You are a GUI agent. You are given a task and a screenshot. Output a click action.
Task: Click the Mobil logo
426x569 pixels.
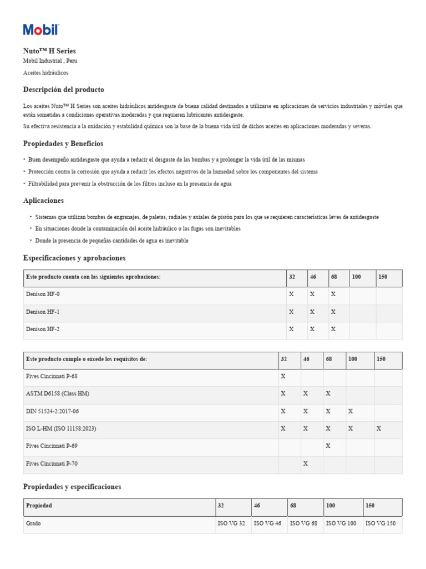(x=40, y=30)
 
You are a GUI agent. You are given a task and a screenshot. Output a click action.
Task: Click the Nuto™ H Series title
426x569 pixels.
(x=49, y=51)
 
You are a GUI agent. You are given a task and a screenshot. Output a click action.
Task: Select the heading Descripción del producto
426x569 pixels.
(x=63, y=89)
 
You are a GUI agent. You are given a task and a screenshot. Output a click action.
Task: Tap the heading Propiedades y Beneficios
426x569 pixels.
(x=63, y=144)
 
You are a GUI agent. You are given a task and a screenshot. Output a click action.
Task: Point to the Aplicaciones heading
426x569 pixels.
(x=43, y=201)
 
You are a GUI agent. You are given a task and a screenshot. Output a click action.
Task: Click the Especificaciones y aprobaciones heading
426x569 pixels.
(x=74, y=258)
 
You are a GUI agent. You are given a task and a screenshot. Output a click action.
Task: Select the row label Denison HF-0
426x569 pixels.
(x=43, y=295)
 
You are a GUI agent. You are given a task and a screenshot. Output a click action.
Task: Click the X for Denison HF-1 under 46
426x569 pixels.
(x=312, y=312)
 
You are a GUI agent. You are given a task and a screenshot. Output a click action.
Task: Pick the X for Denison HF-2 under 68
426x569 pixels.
(x=333, y=330)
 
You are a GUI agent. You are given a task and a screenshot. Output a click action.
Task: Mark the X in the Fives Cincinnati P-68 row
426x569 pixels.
(x=283, y=377)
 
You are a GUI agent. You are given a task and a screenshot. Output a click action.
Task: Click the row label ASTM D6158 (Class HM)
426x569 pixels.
(x=57, y=394)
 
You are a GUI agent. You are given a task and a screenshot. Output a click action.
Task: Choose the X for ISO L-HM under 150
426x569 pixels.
(x=379, y=428)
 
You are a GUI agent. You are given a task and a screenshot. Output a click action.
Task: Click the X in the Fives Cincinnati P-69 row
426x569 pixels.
(x=328, y=446)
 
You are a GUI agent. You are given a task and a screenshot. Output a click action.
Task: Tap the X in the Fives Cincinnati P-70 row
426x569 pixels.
(x=306, y=463)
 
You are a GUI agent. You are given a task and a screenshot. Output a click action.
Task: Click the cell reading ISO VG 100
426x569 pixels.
(x=341, y=524)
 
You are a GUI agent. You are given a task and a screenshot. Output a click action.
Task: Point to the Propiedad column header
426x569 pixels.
(x=39, y=506)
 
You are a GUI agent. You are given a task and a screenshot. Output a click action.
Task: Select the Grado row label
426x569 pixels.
(x=33, y=524)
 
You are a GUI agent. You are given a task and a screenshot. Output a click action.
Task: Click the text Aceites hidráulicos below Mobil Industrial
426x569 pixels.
(x=45, y=73)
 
